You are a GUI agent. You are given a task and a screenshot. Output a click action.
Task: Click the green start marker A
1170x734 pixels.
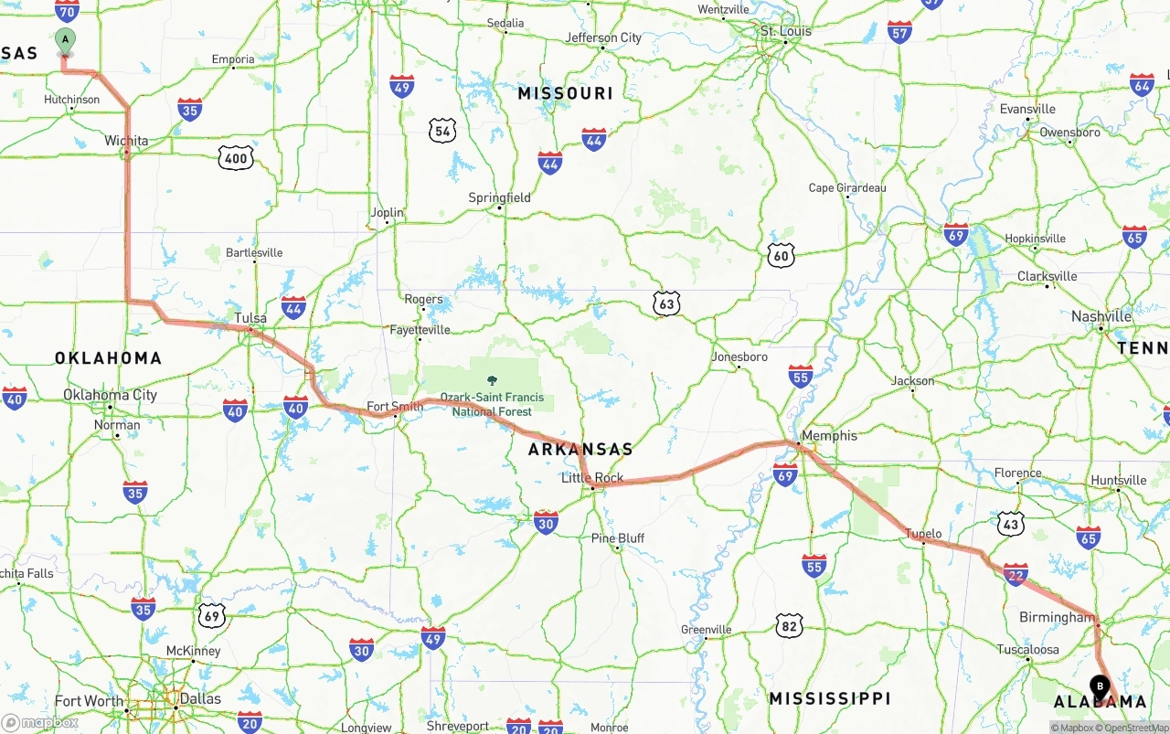(x=65, y=40)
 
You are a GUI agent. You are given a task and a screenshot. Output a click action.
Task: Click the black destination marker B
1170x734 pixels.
(x=1100, y=686)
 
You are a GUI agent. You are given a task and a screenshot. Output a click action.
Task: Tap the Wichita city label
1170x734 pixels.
(x=126, y=141)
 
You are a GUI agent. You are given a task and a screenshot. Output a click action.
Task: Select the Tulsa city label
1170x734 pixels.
(x=250, y=318)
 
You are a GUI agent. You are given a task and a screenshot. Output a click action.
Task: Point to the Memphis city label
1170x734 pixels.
(x=829, y=435)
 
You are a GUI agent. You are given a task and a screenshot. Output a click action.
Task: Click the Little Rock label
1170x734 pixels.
(x=592, y=477)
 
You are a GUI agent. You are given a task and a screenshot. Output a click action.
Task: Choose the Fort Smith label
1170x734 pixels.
(x=395, y=406)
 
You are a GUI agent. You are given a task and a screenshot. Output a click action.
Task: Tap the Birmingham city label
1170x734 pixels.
(x=1057, y=617)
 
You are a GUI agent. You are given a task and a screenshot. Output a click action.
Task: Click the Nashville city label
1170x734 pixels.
(x=1101, y=316)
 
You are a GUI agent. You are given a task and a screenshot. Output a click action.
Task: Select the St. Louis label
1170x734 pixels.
(x=786, y=31)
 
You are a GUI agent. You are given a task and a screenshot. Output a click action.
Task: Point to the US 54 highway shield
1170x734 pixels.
(x=442, y=130)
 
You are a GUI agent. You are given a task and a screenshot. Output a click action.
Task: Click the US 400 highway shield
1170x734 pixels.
(x=235, y=158)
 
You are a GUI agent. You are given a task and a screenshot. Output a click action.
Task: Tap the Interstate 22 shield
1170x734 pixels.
(x=1016, y=574)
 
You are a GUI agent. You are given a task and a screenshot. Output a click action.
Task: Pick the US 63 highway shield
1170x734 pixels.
(x=667, y=303)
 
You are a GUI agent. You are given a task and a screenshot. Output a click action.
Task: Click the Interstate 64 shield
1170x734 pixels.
(x=1142, y=85)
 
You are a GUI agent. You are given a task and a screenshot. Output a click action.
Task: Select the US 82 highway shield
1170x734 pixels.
(x=789, y=625)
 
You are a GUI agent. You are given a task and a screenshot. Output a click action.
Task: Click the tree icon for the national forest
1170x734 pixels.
(x=493, y=380)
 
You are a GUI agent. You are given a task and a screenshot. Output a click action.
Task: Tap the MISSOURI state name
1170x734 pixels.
(x=565, y=93)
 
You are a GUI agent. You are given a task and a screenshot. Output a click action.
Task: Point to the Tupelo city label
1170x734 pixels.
(x=923, y=533)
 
